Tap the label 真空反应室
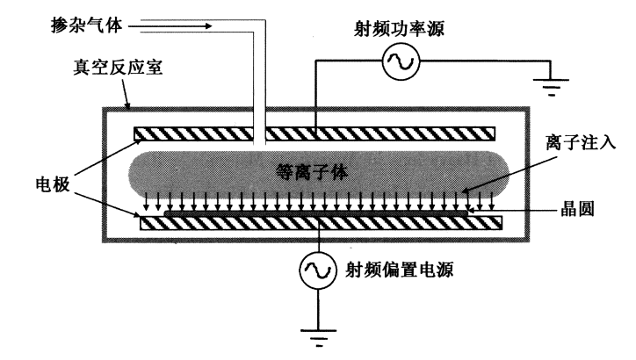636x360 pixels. [x=104, y=68]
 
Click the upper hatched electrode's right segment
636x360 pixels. [x=379, y=133]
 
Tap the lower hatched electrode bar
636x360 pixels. [x=322, y=223]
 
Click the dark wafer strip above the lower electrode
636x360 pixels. [x=316, y=212]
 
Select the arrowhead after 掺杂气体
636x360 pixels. [x=208, y=26]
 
